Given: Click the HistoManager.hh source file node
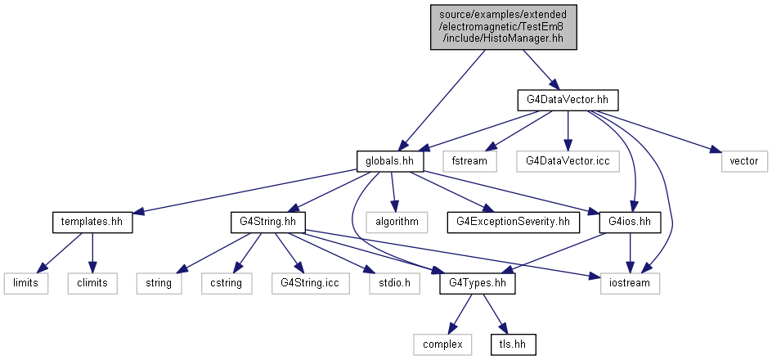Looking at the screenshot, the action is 503,27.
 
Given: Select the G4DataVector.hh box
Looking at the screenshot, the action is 568,100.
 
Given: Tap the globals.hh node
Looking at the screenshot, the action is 390,161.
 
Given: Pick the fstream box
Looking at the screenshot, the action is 469,161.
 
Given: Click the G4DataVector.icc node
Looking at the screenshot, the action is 568,161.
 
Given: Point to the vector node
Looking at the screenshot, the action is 744,161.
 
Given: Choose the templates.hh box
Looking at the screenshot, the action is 92,222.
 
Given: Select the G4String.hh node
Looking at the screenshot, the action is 268,222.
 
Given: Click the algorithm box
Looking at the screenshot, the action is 397,222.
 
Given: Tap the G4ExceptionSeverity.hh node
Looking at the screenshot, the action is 514,222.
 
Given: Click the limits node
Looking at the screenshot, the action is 26,283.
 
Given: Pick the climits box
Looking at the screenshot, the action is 92,283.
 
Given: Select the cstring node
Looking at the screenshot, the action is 227,283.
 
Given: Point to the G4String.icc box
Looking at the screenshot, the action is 311,283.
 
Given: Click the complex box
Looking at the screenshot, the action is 442,344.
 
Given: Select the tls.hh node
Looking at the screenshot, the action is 513,344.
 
